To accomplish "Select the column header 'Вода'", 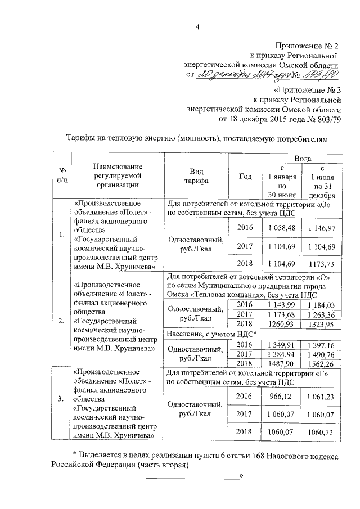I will [x=303, y=160].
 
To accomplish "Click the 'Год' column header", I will [x=246, y=176].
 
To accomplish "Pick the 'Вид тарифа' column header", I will [x=195, y=176].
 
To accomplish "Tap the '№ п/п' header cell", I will [x=62, y=175].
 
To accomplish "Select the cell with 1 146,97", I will [x=321, y=227].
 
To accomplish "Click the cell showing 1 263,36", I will [x=321, y=314].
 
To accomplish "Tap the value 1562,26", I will [x=321, y=364].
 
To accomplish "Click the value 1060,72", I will [x=321, y=432].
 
